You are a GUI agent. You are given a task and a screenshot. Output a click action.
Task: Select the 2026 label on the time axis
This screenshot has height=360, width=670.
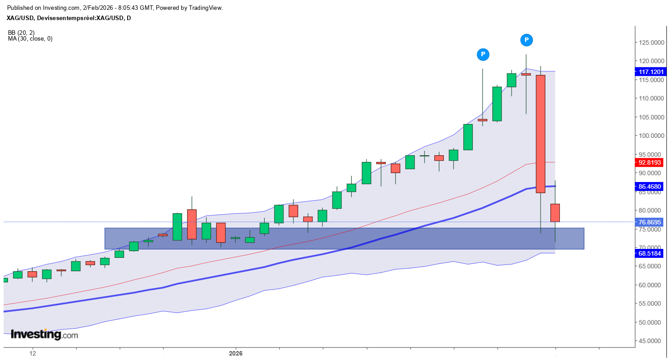[236, 354]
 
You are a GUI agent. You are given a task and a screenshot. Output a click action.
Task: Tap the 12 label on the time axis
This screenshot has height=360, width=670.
[33, 354]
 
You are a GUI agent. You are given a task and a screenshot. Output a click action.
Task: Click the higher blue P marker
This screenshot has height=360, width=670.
[527, 40]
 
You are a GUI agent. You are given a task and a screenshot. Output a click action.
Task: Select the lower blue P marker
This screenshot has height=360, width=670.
[483, 54]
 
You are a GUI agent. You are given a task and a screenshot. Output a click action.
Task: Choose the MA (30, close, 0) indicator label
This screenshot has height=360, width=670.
[30, 39]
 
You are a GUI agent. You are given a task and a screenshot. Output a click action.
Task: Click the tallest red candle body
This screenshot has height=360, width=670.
[541, 134]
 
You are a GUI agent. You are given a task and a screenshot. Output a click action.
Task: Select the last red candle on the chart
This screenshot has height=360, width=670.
[555, 213]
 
